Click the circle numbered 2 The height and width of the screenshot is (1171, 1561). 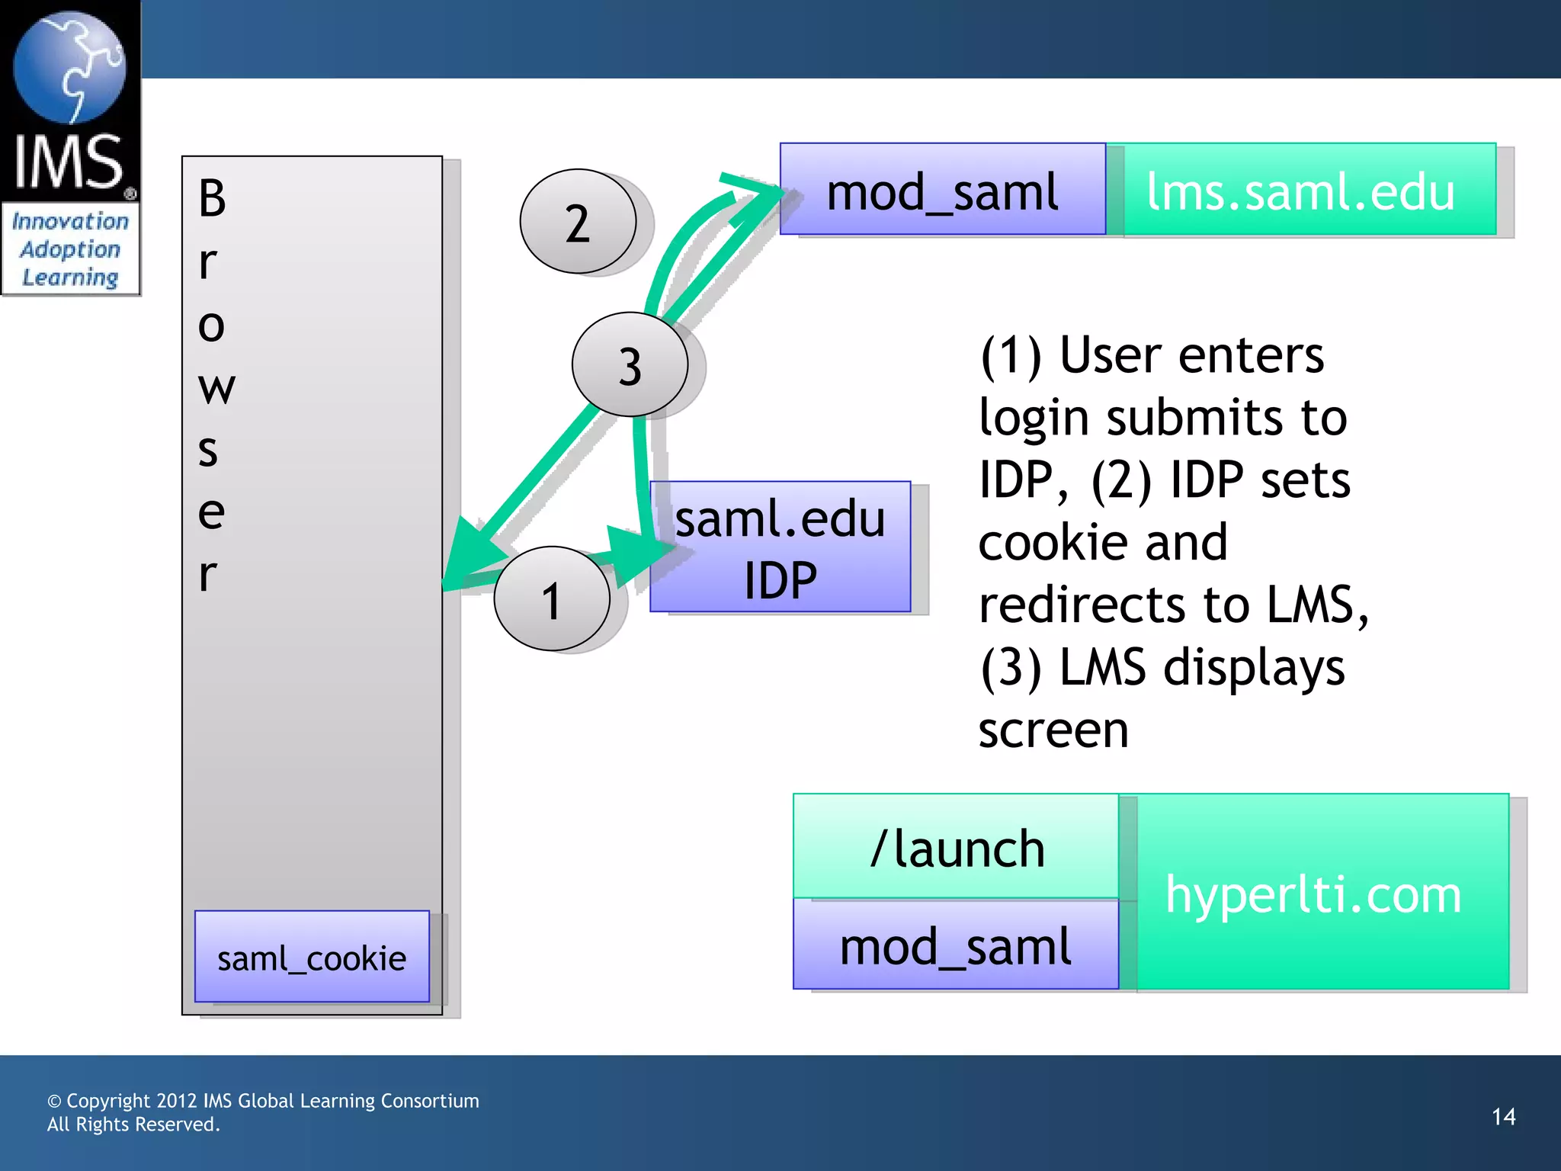(578, 221)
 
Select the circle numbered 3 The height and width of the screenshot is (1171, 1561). (630, 364)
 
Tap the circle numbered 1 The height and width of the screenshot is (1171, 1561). (552, 598)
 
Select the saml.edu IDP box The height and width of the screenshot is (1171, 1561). (780, 547)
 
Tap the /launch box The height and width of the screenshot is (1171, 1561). (956, 847)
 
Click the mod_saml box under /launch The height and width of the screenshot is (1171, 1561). (956, 945)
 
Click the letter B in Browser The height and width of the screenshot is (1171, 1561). (212, 198)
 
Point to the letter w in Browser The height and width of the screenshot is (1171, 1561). (216, 387)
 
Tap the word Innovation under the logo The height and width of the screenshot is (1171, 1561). (70, 221)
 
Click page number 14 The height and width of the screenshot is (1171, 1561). (1503, 1117)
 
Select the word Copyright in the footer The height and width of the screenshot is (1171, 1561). (108, 1101)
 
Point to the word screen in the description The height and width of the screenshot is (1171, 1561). (1053, 730)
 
